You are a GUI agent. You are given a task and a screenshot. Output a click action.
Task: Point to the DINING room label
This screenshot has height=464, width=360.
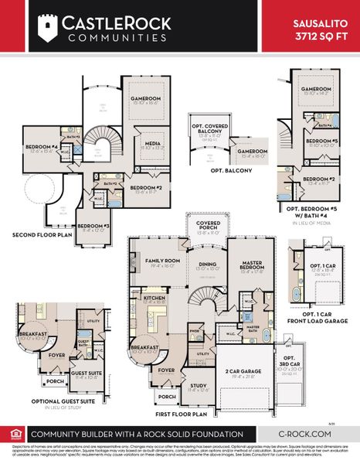207,264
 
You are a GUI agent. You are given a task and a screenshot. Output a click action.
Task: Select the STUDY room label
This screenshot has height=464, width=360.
198,387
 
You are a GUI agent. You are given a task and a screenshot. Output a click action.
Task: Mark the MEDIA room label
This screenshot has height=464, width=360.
151,143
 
